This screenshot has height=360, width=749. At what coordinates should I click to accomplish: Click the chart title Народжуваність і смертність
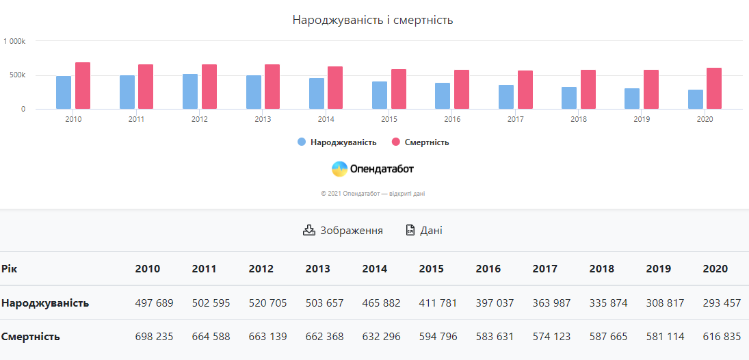click(x=373, y=20)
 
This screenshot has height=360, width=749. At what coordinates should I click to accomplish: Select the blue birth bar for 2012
click(x=190, y=92)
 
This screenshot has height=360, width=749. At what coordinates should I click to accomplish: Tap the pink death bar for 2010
click(x=83, y=86)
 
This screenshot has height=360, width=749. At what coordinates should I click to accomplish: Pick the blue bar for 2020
click(x=696, y=99)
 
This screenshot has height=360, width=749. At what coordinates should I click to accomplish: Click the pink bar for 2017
click(x=525, y=90)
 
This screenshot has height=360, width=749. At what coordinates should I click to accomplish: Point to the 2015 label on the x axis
click(x=389, y=119)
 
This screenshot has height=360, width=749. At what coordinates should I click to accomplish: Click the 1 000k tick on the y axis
click(x=14, y=41)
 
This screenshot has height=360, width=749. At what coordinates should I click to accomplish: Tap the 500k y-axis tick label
click(x=17, y=75)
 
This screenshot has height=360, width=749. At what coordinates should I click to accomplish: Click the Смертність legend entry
click(x=420, y=142)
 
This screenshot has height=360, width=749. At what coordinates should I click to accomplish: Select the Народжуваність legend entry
click(x=337, y=142)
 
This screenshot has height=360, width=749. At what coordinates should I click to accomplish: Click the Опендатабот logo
click(x=373, y=168)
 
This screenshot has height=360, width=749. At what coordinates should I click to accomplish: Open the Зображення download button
click(x=343, y=231)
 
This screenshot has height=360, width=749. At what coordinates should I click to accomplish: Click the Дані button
click(x=424, y=231)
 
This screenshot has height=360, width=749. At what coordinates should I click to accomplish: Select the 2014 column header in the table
click(x=375, y=268)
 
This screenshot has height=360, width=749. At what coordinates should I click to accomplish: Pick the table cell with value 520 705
click(x=268, y=303)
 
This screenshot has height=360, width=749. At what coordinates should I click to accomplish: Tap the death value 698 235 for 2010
click(x=155, y=337)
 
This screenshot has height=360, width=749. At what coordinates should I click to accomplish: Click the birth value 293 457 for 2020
click(x=722, y=303)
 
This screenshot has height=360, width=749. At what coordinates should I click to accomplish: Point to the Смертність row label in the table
click(x=31, y=337)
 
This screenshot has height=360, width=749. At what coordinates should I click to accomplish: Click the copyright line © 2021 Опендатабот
click(x=373, y=194)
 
